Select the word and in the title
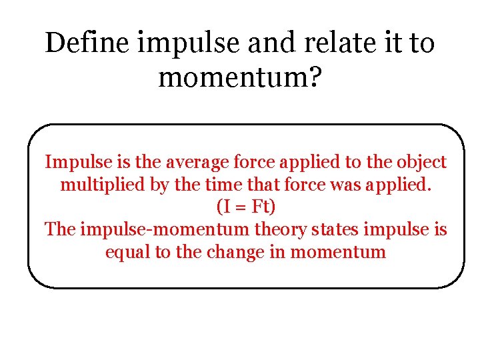[265, 43]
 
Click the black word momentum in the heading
[233, 78]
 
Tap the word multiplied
[103, 185]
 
